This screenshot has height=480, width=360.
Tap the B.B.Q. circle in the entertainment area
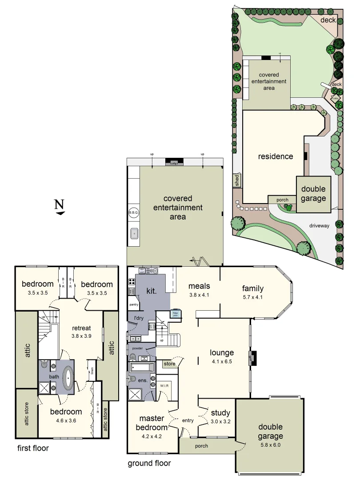[134, 213]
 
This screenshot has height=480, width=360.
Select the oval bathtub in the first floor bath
[68, 377]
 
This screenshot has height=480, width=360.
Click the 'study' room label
[220, 413]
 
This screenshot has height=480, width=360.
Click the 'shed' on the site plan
[237, 180]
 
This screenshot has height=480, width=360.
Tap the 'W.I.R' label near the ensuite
[165, 386]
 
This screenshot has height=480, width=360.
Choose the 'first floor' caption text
[33, 448]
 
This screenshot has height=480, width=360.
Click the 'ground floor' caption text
[149, 463]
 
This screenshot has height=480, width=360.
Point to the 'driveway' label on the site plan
[319, 226]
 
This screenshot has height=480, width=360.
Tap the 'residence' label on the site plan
[276, 156]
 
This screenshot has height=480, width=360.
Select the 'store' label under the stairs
[169, 364]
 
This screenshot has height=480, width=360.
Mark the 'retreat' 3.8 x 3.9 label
[81, 332]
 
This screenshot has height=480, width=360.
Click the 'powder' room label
[137, 348]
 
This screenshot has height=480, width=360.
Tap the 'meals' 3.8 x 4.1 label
[199, 289]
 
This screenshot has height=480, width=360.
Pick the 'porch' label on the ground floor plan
[201, 446]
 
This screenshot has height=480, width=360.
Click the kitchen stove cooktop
[132, 281]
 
